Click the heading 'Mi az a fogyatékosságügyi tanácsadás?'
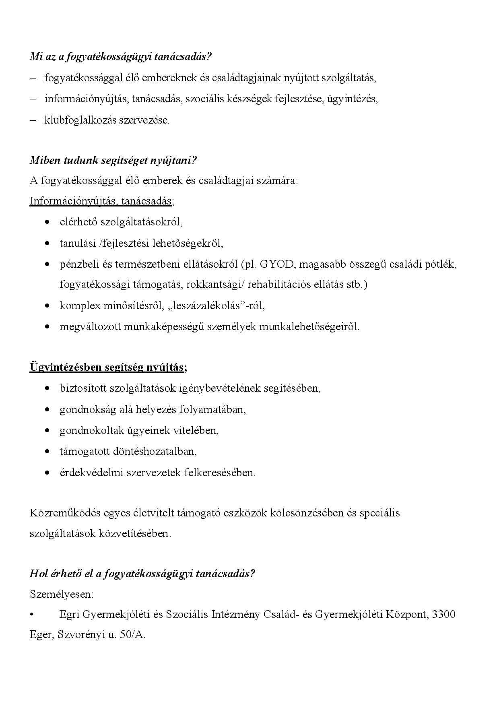(x=120, y=56)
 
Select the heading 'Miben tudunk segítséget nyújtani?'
(x=113, y=160)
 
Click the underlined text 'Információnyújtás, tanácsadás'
(x=101, y=201)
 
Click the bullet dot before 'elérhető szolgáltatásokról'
(x=48, y=222)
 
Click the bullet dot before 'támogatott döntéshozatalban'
(x=48, y=452)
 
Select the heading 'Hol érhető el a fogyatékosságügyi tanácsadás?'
(x=142, y=574)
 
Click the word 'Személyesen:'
(x=62, y=594)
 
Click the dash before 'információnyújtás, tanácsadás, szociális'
(x=33, y=99)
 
